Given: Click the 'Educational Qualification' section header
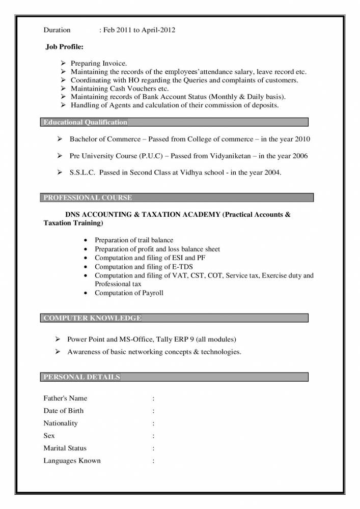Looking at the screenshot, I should pyautogui.click(x=86, y=122).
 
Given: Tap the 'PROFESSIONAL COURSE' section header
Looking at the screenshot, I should pyautogui.click(x=88, y=197).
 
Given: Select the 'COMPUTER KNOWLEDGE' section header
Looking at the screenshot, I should pyautogui.click(x=92, y=318).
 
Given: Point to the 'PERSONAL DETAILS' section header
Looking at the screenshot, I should pyautogui.click(x=82, y=377).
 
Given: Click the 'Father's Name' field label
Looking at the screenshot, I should pyautogui.click(x=65, y=398).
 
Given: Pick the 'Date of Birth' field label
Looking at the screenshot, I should pyautogui.click(x=64, y=410).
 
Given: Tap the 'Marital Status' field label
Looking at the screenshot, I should pyautogui.click(x=65, y=448).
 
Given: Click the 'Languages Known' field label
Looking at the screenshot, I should pyautogui.click(x=72, y=461).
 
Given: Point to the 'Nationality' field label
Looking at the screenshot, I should pyautogui.click(x=61, y=423).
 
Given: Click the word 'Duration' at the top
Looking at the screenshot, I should pyautogui.click(x=57, y=30).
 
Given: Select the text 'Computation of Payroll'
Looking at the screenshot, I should pyautogui.click(x=129, y=293).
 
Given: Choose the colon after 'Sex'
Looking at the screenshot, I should pyautogui.click(x=153, y=436).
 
